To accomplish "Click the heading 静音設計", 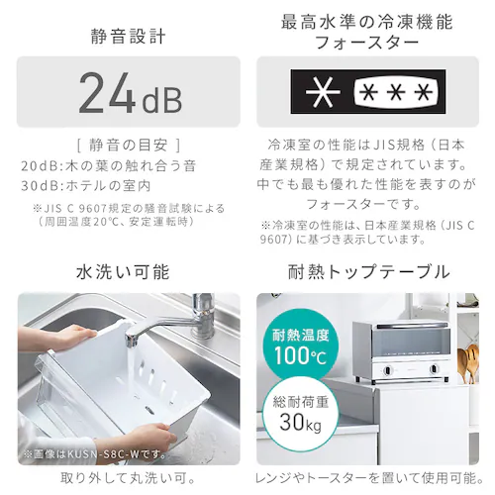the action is (x=128, y=37).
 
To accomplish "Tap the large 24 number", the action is (x=108, y=93).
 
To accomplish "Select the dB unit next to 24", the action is (x=162, y=99).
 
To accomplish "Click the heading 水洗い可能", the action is (x=123, y=272).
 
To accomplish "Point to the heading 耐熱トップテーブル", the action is (x=369, y=272).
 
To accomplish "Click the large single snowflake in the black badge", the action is (x=323, y=91).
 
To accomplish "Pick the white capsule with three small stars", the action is (x=396, y=91).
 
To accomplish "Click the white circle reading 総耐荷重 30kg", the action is (x=300, y=414).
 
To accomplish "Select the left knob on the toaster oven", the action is (x=387, y=370).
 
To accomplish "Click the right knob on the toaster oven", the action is (x=435, y=368).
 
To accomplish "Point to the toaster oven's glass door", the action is (x=412, y=344).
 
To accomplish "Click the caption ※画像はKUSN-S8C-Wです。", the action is (x=95, y=454).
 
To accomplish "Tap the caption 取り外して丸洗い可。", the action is (x=128, y=478).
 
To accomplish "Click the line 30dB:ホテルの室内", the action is (x=86, y=186).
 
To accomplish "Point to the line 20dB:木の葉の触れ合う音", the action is (x=109, y=165).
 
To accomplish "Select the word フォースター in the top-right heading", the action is (x=366, y=43).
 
